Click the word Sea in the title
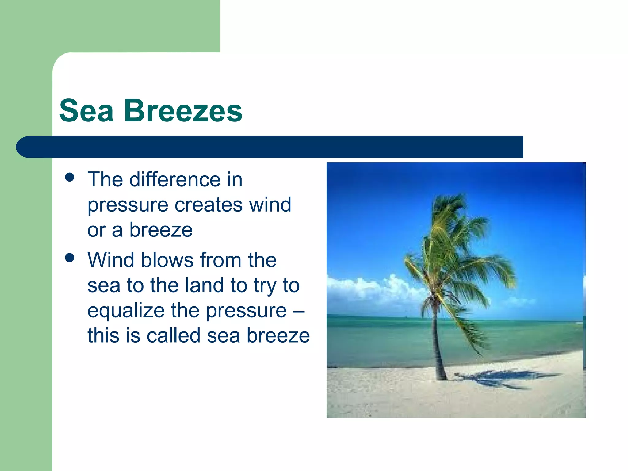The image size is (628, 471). (86, 111)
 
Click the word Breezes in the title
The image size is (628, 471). (183, 111)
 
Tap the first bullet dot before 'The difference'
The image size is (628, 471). (70, 178)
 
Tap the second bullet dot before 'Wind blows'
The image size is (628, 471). (70, 258)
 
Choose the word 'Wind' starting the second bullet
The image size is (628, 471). (111, 260)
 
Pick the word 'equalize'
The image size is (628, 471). (126, 310)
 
